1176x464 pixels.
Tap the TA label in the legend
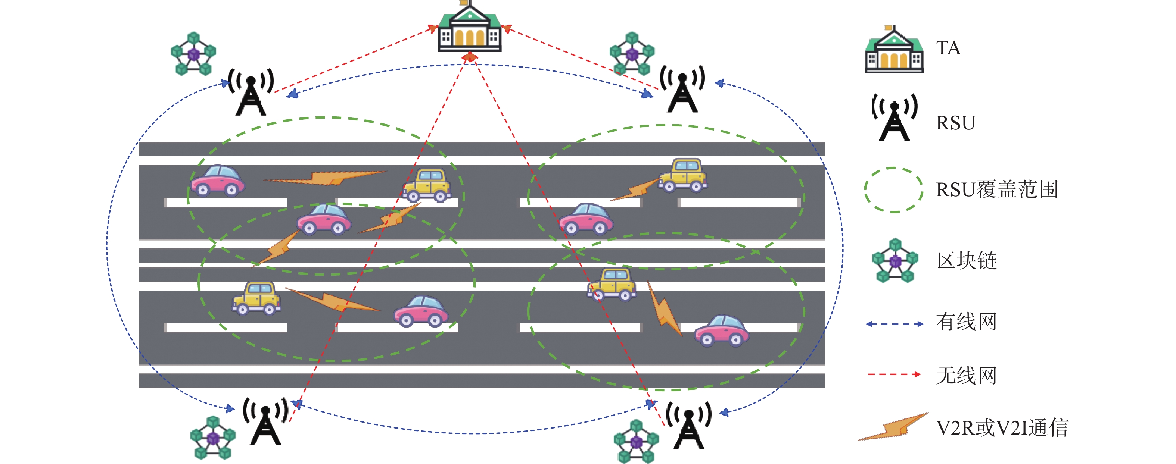tap(948, 48)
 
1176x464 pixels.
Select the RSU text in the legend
tap(955, 123)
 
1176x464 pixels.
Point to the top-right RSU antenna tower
tap(682, 89)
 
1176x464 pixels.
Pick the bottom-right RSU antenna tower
tap(688, 425)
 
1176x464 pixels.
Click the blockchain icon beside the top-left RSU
tap(193, 53)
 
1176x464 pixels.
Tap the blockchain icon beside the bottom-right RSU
tap(636, 441)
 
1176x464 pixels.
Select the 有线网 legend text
tap(967, 322)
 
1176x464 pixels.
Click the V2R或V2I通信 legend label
tap(1002, 428)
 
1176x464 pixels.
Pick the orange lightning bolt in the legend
tap(893, 427)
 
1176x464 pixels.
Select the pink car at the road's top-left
tap(218, 181)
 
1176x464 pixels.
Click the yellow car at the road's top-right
tap(684, 175)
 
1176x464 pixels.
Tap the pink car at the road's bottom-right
tap(722, 330)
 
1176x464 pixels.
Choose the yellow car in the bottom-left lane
tap(256, 298)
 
